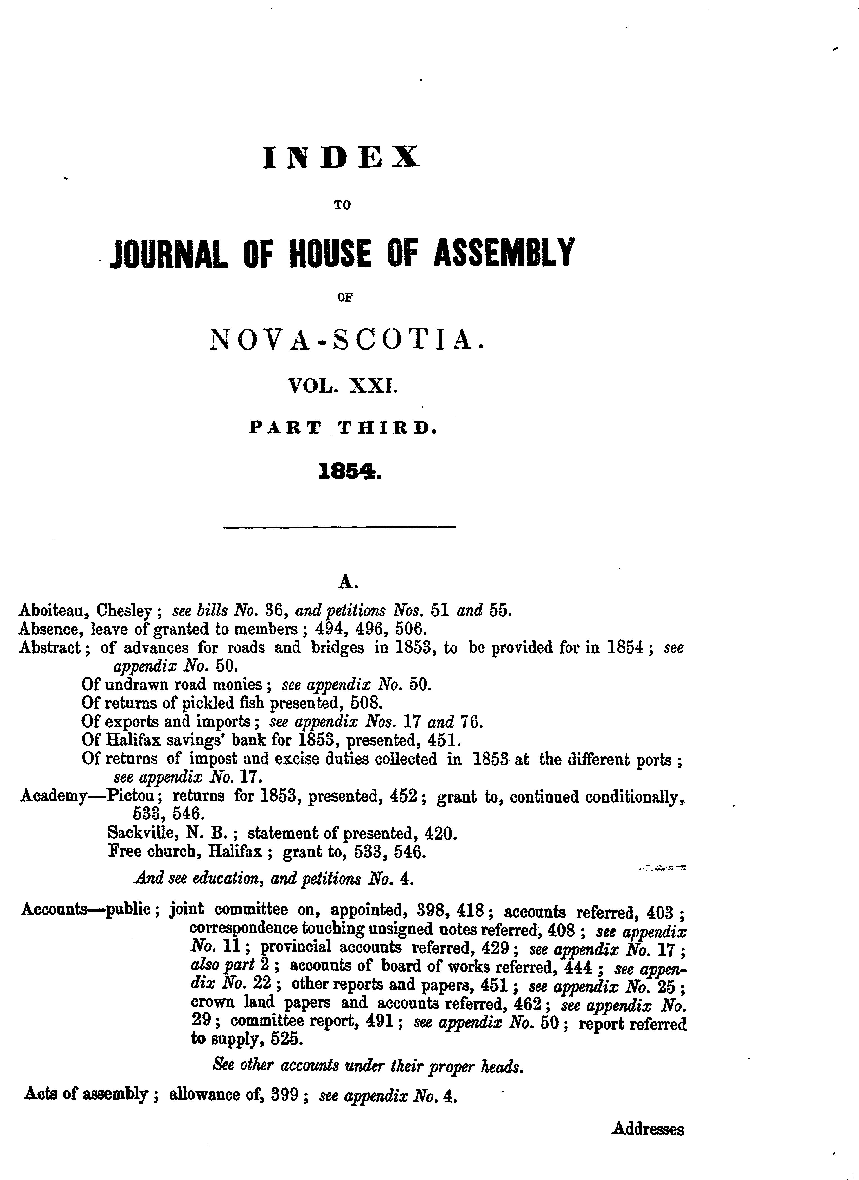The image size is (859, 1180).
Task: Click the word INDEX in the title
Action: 341,158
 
